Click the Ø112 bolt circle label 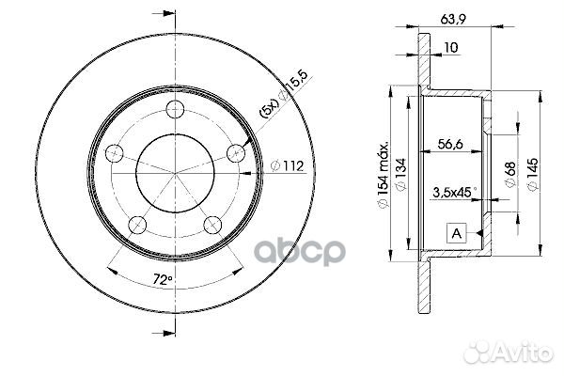coord(287,166)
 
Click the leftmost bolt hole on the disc coord(115,151)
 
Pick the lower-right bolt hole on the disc coord(212,223)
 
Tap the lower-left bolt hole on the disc coord(137,222)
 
